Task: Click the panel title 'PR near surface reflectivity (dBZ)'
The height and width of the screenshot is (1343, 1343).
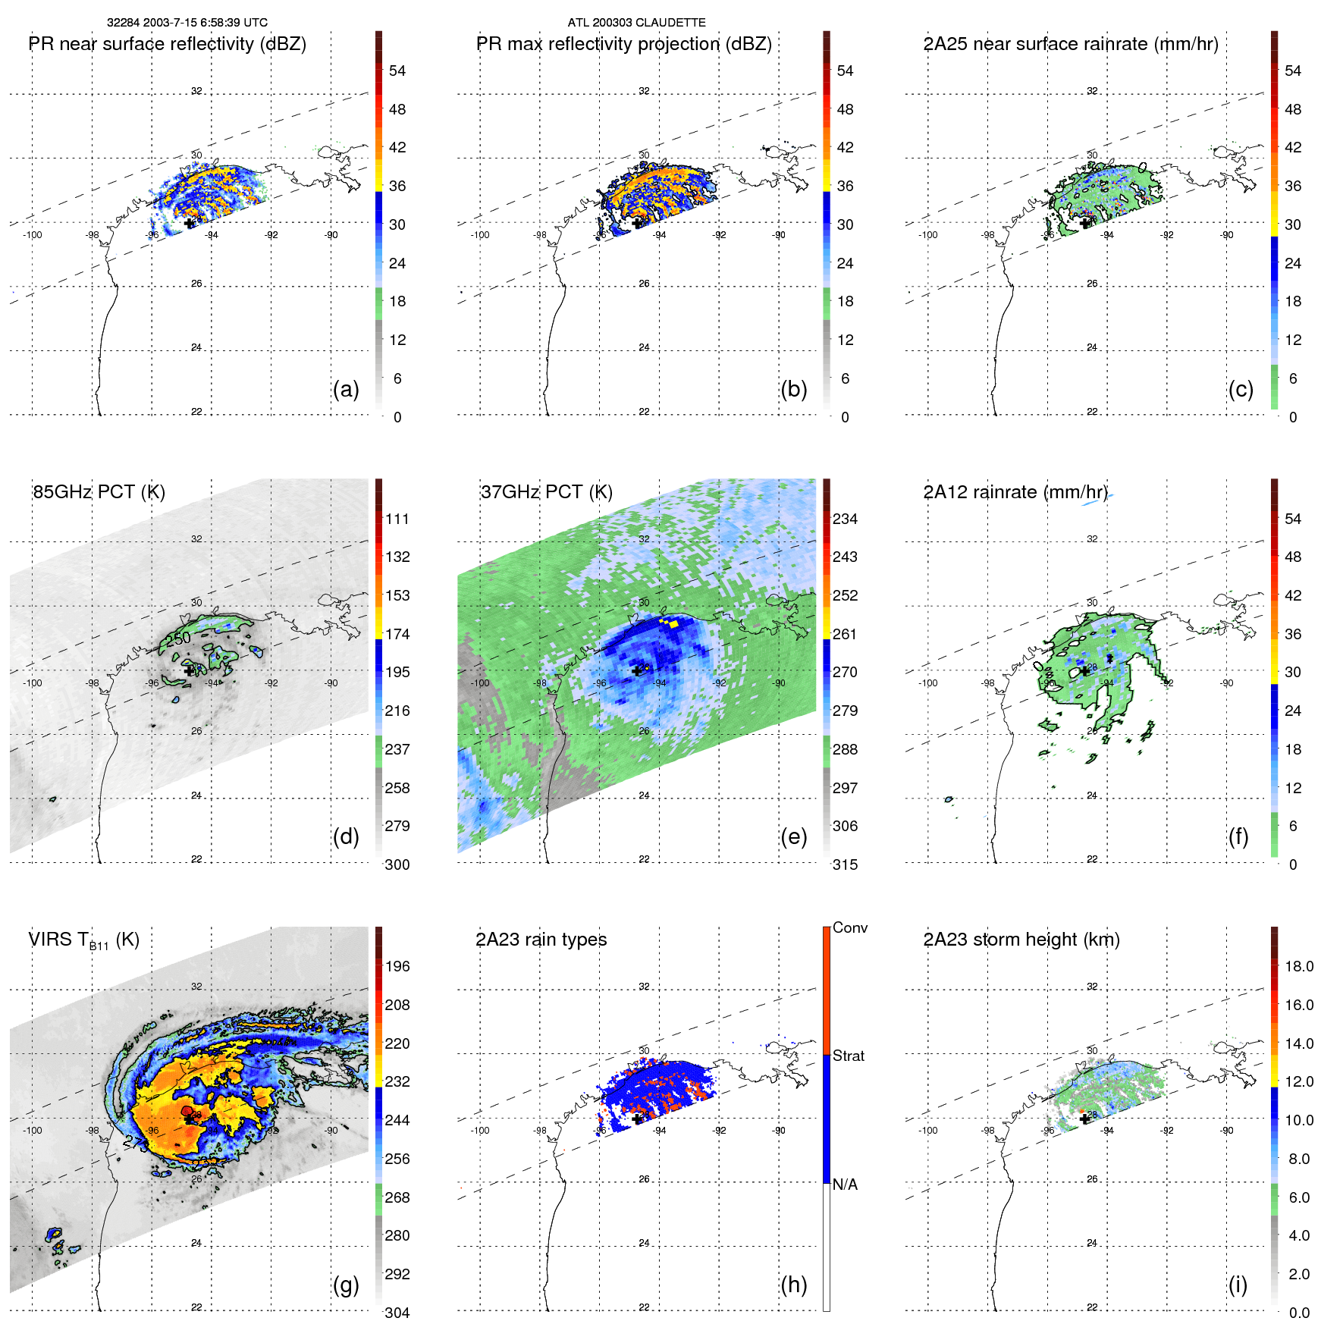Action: [167, 44]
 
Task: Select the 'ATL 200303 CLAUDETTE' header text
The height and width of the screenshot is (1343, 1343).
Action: [636, 23]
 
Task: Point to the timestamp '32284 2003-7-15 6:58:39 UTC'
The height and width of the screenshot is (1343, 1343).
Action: [187, 23]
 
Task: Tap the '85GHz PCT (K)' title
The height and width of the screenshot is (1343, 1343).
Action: [99, 492]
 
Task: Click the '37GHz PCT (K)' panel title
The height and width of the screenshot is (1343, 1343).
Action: [546, 492]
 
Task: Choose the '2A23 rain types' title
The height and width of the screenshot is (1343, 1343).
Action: [541, 940]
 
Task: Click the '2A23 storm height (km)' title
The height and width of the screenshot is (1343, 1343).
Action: [1021, 940]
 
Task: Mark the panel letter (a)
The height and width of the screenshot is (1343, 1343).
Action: [346, 389]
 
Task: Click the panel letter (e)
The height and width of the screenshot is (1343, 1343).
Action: [793, 836]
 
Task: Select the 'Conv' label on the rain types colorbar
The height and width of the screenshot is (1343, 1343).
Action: [849, 927]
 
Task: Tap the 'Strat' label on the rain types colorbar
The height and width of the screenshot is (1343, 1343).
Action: [848, 1056]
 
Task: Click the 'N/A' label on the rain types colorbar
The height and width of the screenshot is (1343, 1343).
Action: [845, 1185]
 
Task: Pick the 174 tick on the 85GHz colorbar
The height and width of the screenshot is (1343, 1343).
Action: [397, 634]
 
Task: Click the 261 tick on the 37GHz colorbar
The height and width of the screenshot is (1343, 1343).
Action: [845, 634]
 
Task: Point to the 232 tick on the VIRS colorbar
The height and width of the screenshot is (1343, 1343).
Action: [397, 1081]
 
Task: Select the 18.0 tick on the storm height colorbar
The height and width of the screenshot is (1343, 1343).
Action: [1298, 966]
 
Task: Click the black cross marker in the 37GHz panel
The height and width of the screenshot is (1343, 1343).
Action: [636, 670]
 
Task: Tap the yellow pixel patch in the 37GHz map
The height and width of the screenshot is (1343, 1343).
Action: [673, 623]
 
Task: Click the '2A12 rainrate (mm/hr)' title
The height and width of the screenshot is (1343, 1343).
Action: [1015, 492]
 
